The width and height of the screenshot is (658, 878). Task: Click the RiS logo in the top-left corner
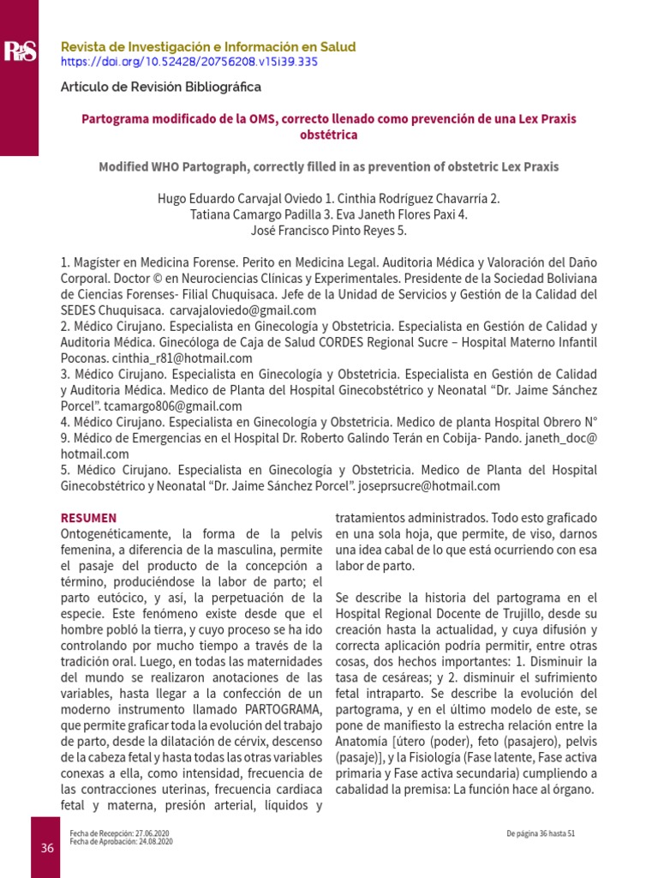tap(19, 51)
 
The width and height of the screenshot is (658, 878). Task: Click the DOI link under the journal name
tap(188, 63)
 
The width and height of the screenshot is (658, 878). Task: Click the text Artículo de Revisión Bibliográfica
tap(160, 87)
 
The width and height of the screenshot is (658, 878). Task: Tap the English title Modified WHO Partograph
tap(328, 166)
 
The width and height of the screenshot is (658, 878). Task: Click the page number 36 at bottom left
tap(47, 848)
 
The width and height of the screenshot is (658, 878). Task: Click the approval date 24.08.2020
tap(153, 842)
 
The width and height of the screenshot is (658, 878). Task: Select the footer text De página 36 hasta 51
tap(540, 833)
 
